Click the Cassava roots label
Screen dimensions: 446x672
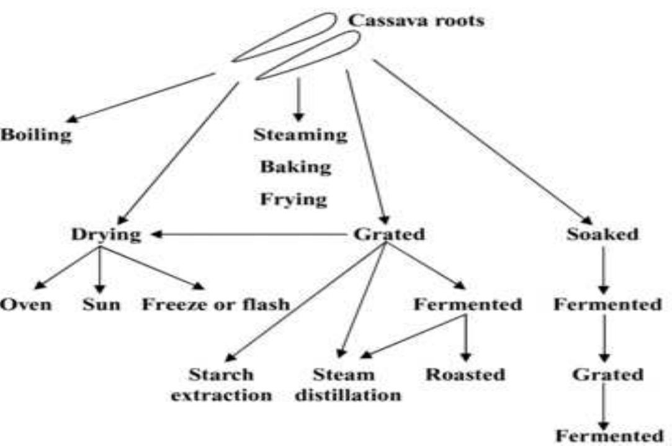tap(416, 20)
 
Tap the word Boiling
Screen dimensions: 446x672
tap(35, 135)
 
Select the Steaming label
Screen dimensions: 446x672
tap(300, 135)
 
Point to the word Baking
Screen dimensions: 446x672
tap(295, 167)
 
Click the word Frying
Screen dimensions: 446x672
tap(294, 199)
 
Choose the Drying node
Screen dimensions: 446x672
tap(106, 235)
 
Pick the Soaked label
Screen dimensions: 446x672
tap(602, 235)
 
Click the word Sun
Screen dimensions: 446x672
tap(101, 305)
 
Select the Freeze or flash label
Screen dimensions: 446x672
tap(216, 305)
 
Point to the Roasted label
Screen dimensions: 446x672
tap(465, 375)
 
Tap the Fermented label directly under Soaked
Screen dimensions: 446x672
tap(607, 305)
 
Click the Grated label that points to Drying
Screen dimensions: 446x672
tap(388, 235)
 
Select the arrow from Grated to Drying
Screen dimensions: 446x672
tap(248, 235)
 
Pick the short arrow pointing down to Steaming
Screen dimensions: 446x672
tap(299, 99)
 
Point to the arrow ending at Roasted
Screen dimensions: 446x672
tap(465, 338)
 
